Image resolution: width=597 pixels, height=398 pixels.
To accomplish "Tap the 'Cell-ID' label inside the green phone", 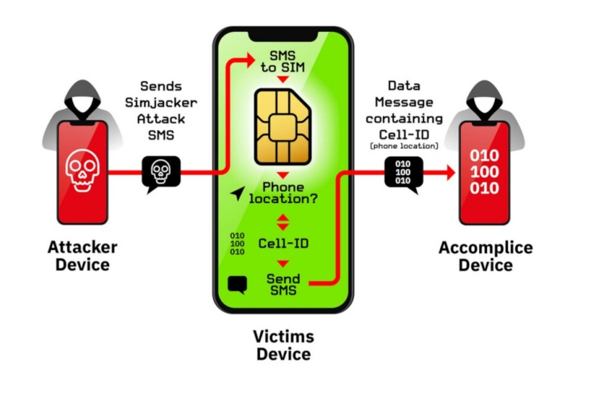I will click(284, 242).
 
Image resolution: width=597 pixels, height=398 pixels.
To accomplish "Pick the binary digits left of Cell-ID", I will click(237, 244).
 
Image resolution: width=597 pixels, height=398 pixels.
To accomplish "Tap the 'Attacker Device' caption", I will click(82, 256).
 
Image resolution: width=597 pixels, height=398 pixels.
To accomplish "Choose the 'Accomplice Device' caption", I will click(486, 256).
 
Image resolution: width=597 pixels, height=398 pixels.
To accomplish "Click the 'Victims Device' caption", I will click(283, 345).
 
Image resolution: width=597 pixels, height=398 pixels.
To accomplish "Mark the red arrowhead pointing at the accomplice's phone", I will click(450, 172).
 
